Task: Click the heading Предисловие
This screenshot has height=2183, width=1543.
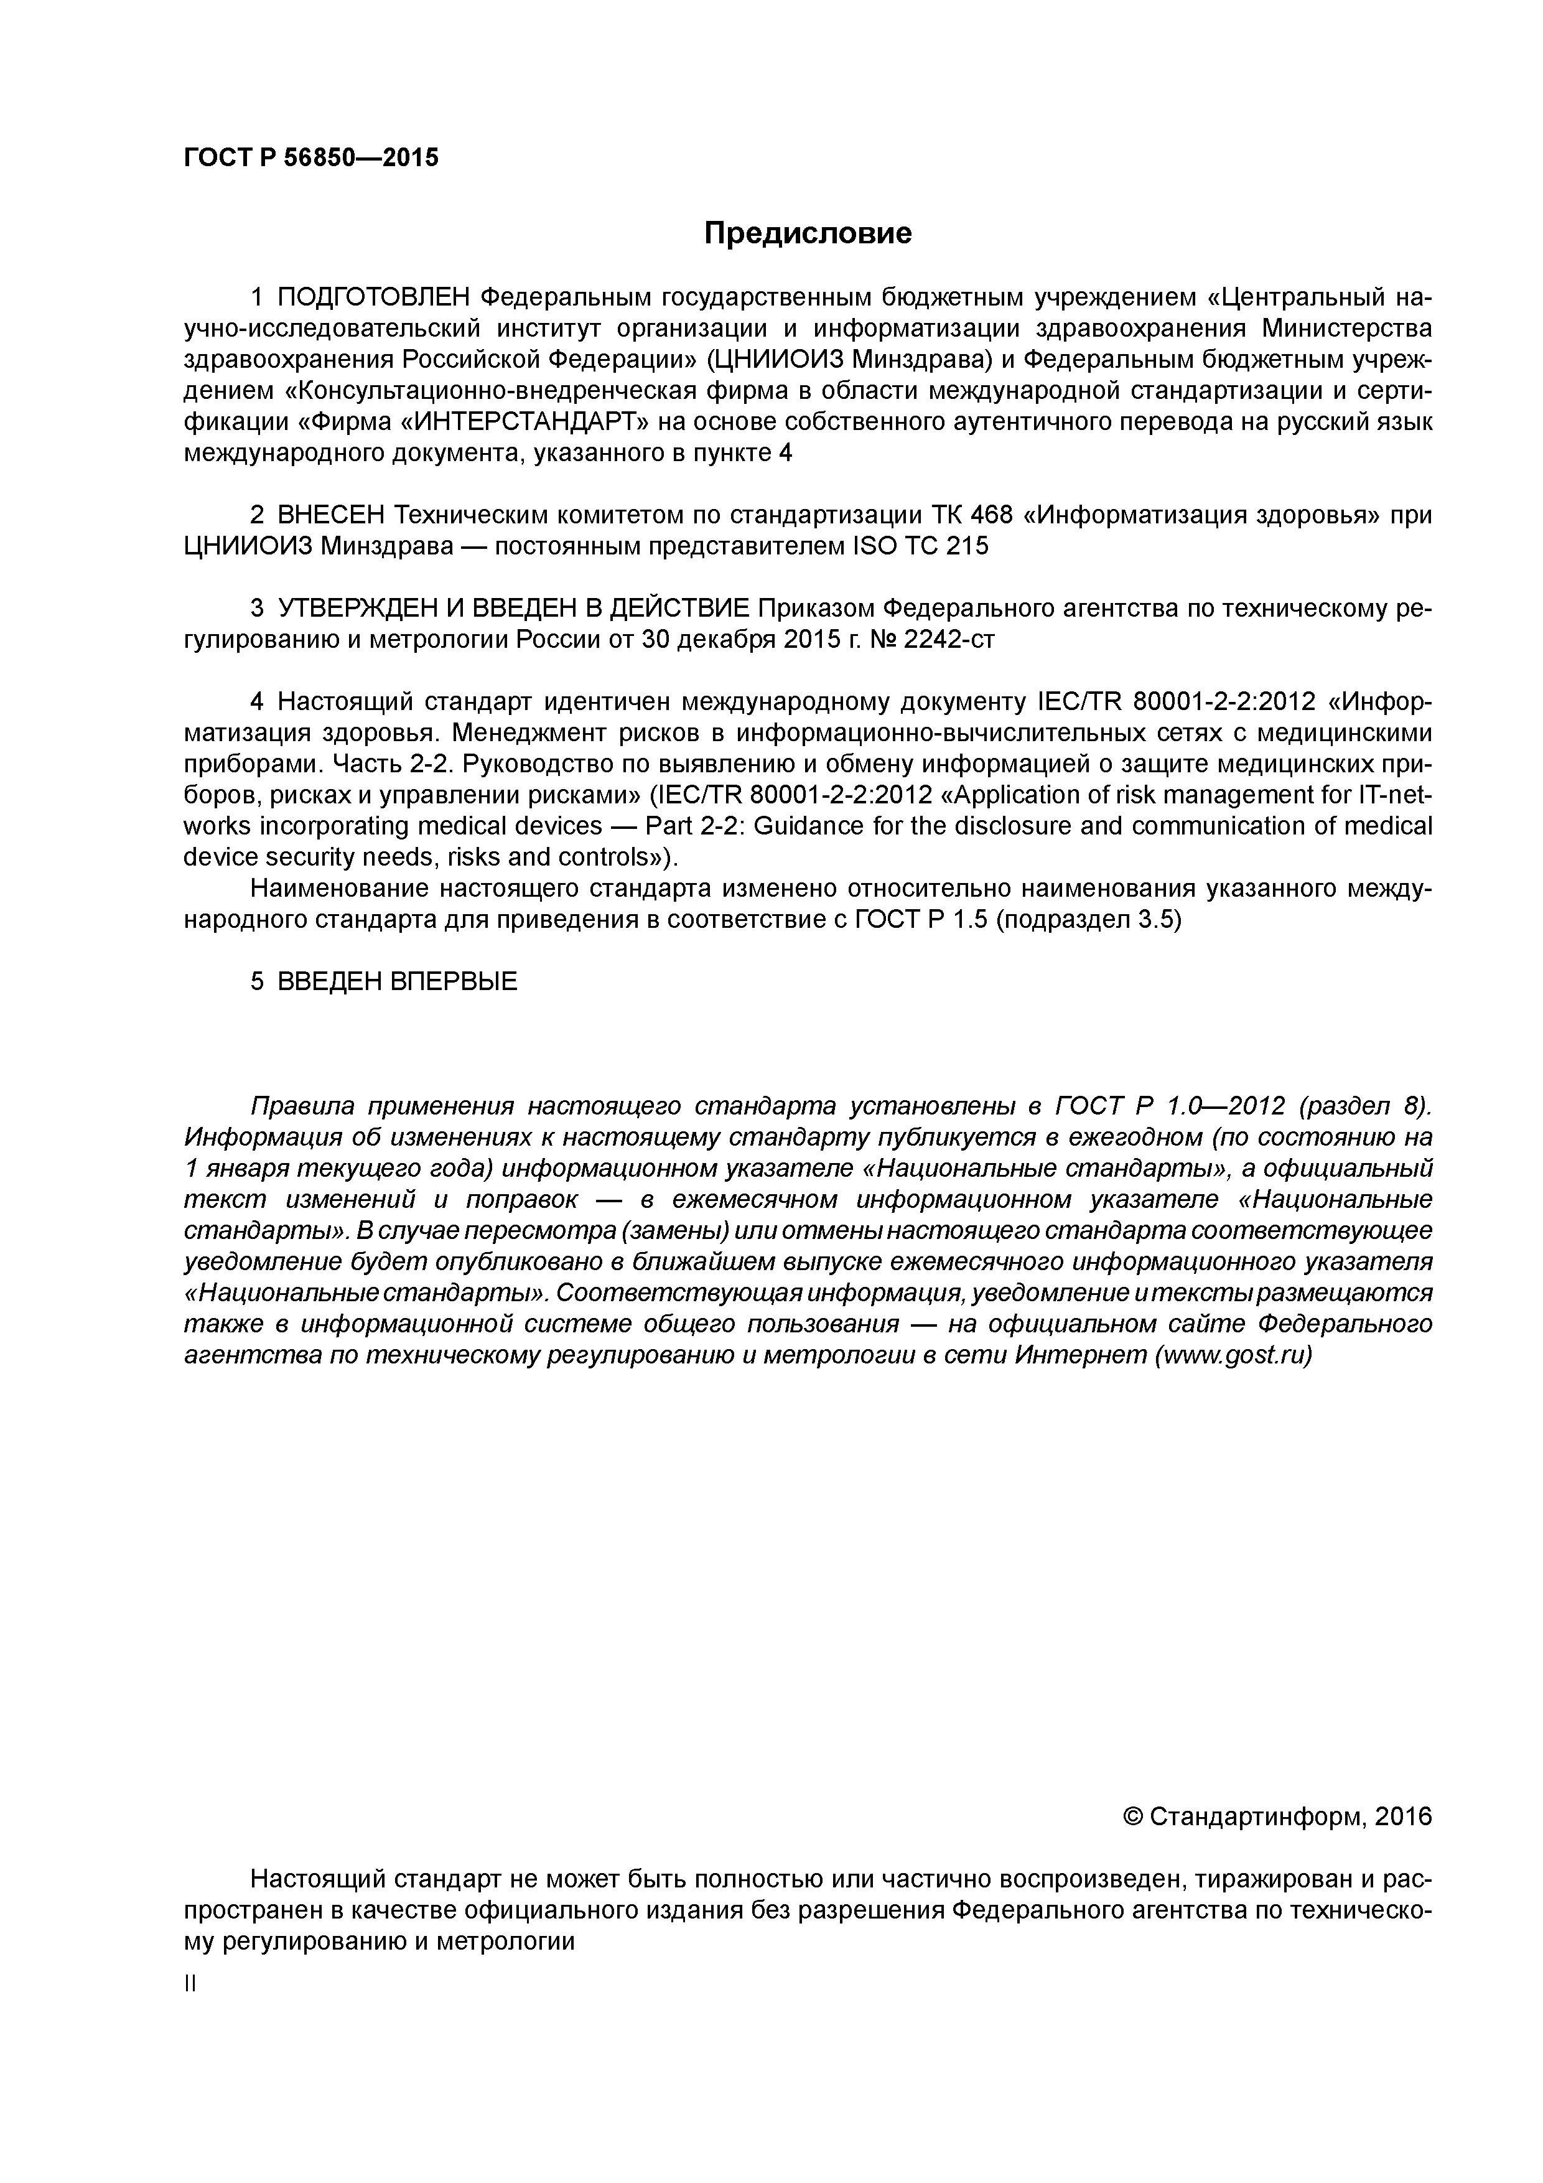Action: click(807, 233)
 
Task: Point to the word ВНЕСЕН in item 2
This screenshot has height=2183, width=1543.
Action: click(331, 515)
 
